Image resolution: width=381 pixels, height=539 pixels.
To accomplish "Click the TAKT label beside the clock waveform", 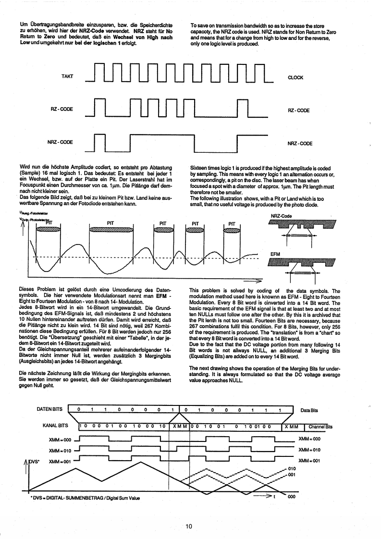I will tap(67, 76).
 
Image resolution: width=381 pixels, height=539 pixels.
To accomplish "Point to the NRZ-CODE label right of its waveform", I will tap(300, 144).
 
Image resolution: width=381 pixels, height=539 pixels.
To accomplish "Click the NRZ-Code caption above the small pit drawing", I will tap(282, 203).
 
